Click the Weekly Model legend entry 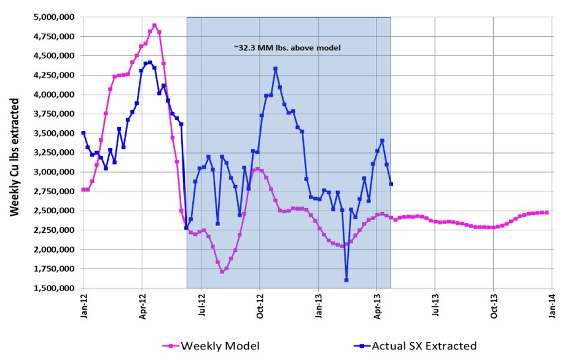[211, 346]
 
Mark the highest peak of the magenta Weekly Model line [154, 26]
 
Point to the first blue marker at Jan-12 [84, 133]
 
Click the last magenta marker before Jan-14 [547, 213]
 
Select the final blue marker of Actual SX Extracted [391, 184]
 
